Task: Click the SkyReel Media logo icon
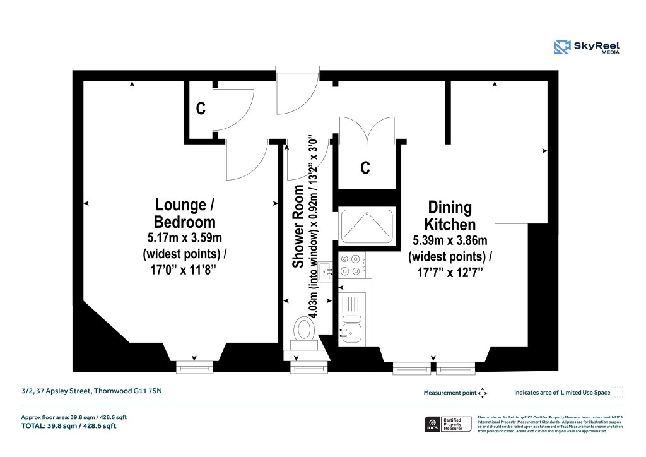coord(562,47)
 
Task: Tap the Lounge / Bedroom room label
coord(185,213)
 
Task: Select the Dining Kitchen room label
coord(449,215)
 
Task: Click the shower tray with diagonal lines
coord(367,226)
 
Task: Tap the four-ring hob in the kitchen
coord(351,265)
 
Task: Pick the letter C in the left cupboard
coord(200,109)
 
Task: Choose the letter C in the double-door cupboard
coord(365,168)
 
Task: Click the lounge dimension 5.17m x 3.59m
coord(185,238)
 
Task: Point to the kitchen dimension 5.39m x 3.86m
coord(449,240)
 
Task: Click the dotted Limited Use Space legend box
coord(618,392)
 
